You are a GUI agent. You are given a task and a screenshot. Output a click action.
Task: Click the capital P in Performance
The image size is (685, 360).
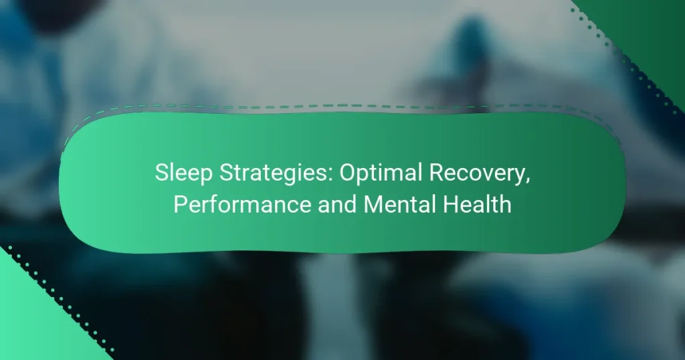(179, 205)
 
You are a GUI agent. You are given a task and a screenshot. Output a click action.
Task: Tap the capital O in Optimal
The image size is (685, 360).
(348, 173)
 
